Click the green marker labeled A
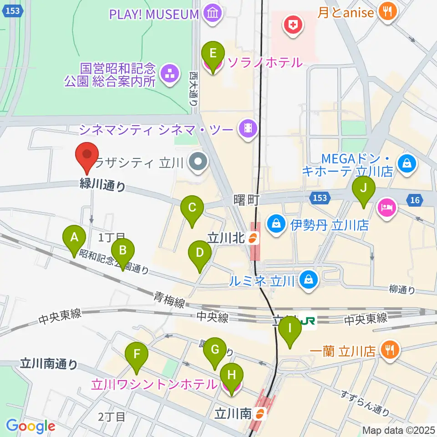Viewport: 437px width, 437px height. coord(74,237)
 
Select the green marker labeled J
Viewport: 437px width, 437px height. coord(363,187)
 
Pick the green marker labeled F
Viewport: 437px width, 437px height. coord(137,354)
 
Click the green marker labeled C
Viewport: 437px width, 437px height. coord(192,208)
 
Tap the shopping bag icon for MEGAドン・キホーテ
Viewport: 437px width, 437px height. coord(407,163)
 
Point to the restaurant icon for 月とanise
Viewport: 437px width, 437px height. coord(387,12)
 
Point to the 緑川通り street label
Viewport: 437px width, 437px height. coord(103,185)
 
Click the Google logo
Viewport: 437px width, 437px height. coord(30,426)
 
